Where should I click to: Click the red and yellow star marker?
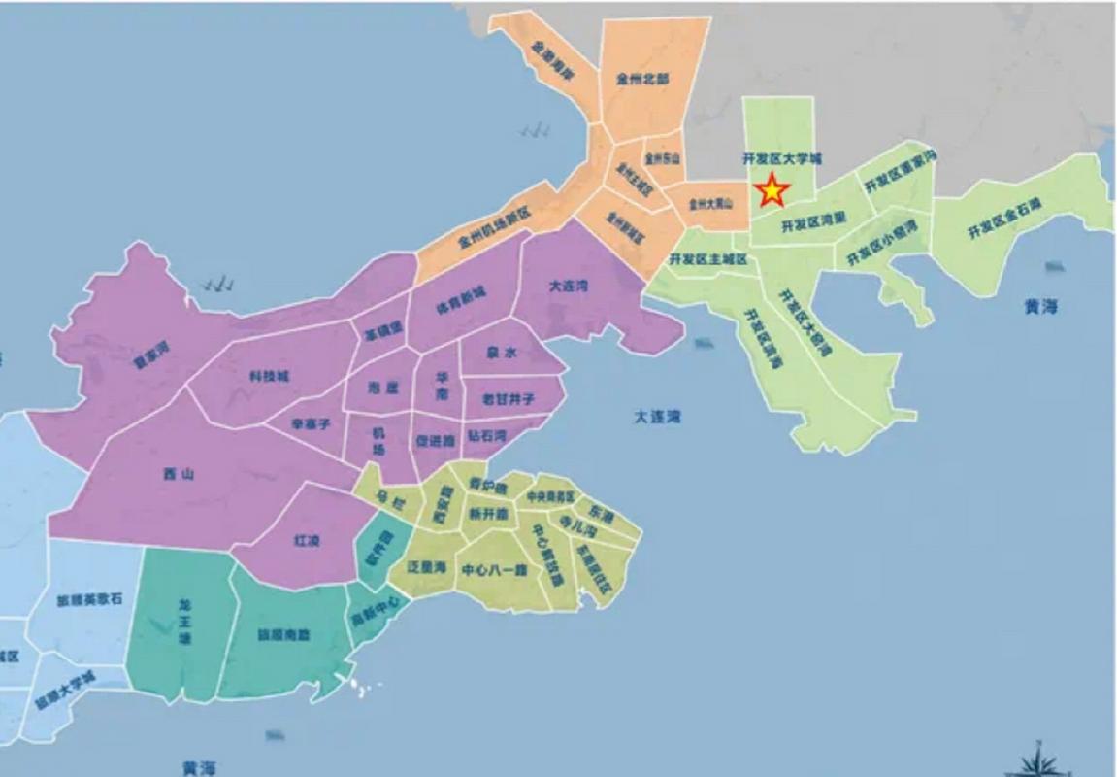click(772, 190)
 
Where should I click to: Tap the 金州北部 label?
click(642, 80)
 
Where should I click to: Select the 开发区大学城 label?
click(781, 157)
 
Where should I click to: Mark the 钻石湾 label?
click(486, 437)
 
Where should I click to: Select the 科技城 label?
click(269, 377)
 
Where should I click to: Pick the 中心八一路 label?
click(494, 569)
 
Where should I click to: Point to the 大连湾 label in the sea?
click(658, 418)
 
